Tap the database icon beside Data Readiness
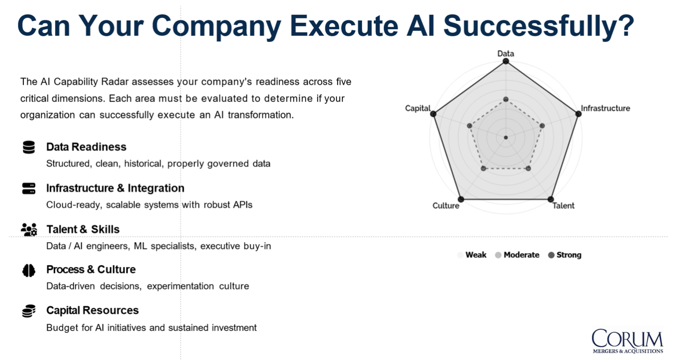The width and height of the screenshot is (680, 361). tap(29, 147)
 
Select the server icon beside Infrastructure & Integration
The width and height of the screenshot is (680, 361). tap(29, 188)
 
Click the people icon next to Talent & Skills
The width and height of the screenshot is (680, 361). tap(29, 229)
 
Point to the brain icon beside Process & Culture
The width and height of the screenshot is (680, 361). tap(29, 271)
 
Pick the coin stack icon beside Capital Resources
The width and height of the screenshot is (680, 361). tap(29, 311)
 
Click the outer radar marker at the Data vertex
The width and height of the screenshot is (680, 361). tap(506, 61)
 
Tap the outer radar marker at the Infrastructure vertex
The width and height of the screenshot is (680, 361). tap(578, 114)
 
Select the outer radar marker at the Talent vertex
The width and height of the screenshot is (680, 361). tap(551, 199)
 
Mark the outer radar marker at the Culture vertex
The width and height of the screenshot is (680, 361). tap(461, 199)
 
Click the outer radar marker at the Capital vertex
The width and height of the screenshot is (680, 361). tap(433, 114)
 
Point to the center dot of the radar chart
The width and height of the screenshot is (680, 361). tap(506, 138)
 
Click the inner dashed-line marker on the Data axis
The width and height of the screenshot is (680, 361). tap(506, 99)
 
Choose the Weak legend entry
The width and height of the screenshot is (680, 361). tap(472, 255)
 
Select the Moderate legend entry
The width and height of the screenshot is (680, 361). tap(517, 255)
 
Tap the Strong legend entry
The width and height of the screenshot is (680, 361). tap(565, 255)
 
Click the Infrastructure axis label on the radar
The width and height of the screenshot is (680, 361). tap(605, 108)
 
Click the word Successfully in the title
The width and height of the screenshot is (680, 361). tap(539, 26)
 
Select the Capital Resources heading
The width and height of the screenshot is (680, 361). tap(92, 310)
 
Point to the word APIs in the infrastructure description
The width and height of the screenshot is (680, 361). tap(242, 205)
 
